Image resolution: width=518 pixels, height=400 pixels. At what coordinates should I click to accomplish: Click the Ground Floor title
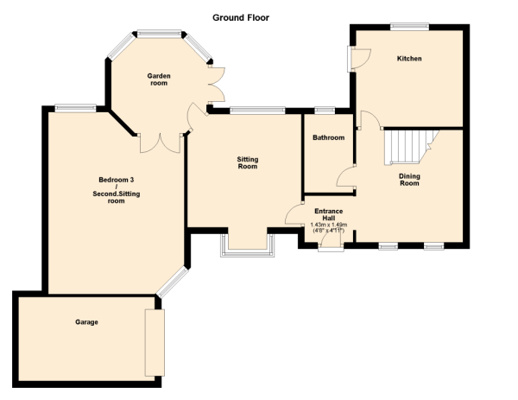click(x=241, y=17)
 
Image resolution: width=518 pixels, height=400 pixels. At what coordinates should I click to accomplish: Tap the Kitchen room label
click(x=409, y=59)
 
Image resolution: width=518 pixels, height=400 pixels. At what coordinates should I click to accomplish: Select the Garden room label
click(x=159, y=79)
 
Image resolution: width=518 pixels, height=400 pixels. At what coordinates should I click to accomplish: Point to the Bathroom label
click(x=328, y=137)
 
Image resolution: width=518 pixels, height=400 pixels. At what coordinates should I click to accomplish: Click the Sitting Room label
click(x=248, y=162)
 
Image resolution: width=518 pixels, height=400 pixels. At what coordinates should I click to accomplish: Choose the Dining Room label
click(x=409, y=180)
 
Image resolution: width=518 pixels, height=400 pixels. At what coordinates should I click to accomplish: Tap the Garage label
click(x=86, y=322)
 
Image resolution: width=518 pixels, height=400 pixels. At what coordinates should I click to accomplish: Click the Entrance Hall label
click(x=329, y=214)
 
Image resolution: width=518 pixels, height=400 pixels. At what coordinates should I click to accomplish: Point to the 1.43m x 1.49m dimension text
click(x=329, y=225)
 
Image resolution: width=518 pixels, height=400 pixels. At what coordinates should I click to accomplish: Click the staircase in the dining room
click(x=409, y=148)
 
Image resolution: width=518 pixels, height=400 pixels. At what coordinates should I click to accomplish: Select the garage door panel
click(x=155, y=342)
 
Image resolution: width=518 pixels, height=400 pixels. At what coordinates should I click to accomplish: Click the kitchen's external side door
click(x=358, y=59)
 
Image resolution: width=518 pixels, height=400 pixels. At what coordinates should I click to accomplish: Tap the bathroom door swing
click(x=346, y=177)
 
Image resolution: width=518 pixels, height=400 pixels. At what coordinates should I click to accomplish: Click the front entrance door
click(x=331, y=239)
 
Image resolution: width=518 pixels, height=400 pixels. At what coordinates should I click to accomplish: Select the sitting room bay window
click(x=248, y=245)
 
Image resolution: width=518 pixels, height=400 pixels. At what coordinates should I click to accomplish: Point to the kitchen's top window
click(x=409, y=27)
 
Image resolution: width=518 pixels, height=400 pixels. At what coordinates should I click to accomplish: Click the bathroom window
click(x=325, y=110)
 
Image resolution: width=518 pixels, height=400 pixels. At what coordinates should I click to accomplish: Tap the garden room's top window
click(x=159, y=34)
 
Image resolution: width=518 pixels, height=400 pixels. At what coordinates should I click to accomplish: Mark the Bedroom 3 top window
click(x=75, y=108)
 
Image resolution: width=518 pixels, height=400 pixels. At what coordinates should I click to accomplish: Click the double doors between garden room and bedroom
click(x=161, y=143)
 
